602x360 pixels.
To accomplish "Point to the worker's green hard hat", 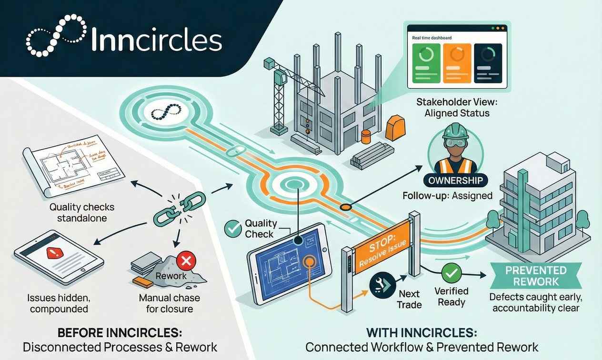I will [x=456, y=130].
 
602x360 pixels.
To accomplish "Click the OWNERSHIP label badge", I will [x=456, y=181].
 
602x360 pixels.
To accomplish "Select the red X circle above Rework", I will [x=183, y=260].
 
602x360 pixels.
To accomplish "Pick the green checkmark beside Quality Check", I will [x=233, y=229].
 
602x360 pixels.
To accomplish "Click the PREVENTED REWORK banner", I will [x=536, y=276].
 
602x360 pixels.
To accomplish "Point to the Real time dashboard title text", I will [x=432, y=38].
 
